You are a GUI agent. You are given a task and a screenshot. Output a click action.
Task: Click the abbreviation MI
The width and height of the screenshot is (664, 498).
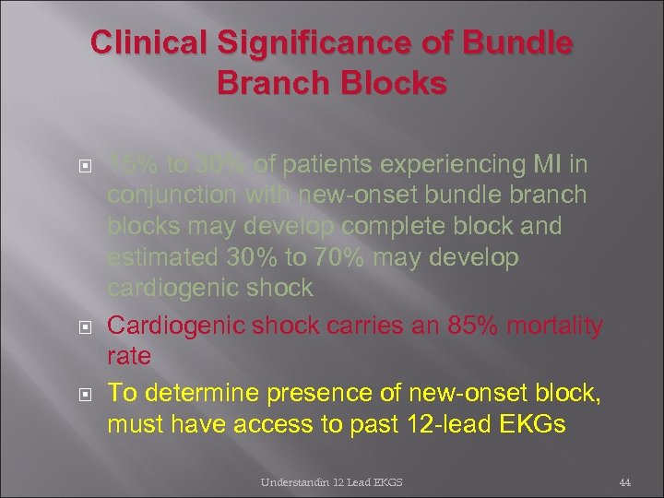tap(551, 164)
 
